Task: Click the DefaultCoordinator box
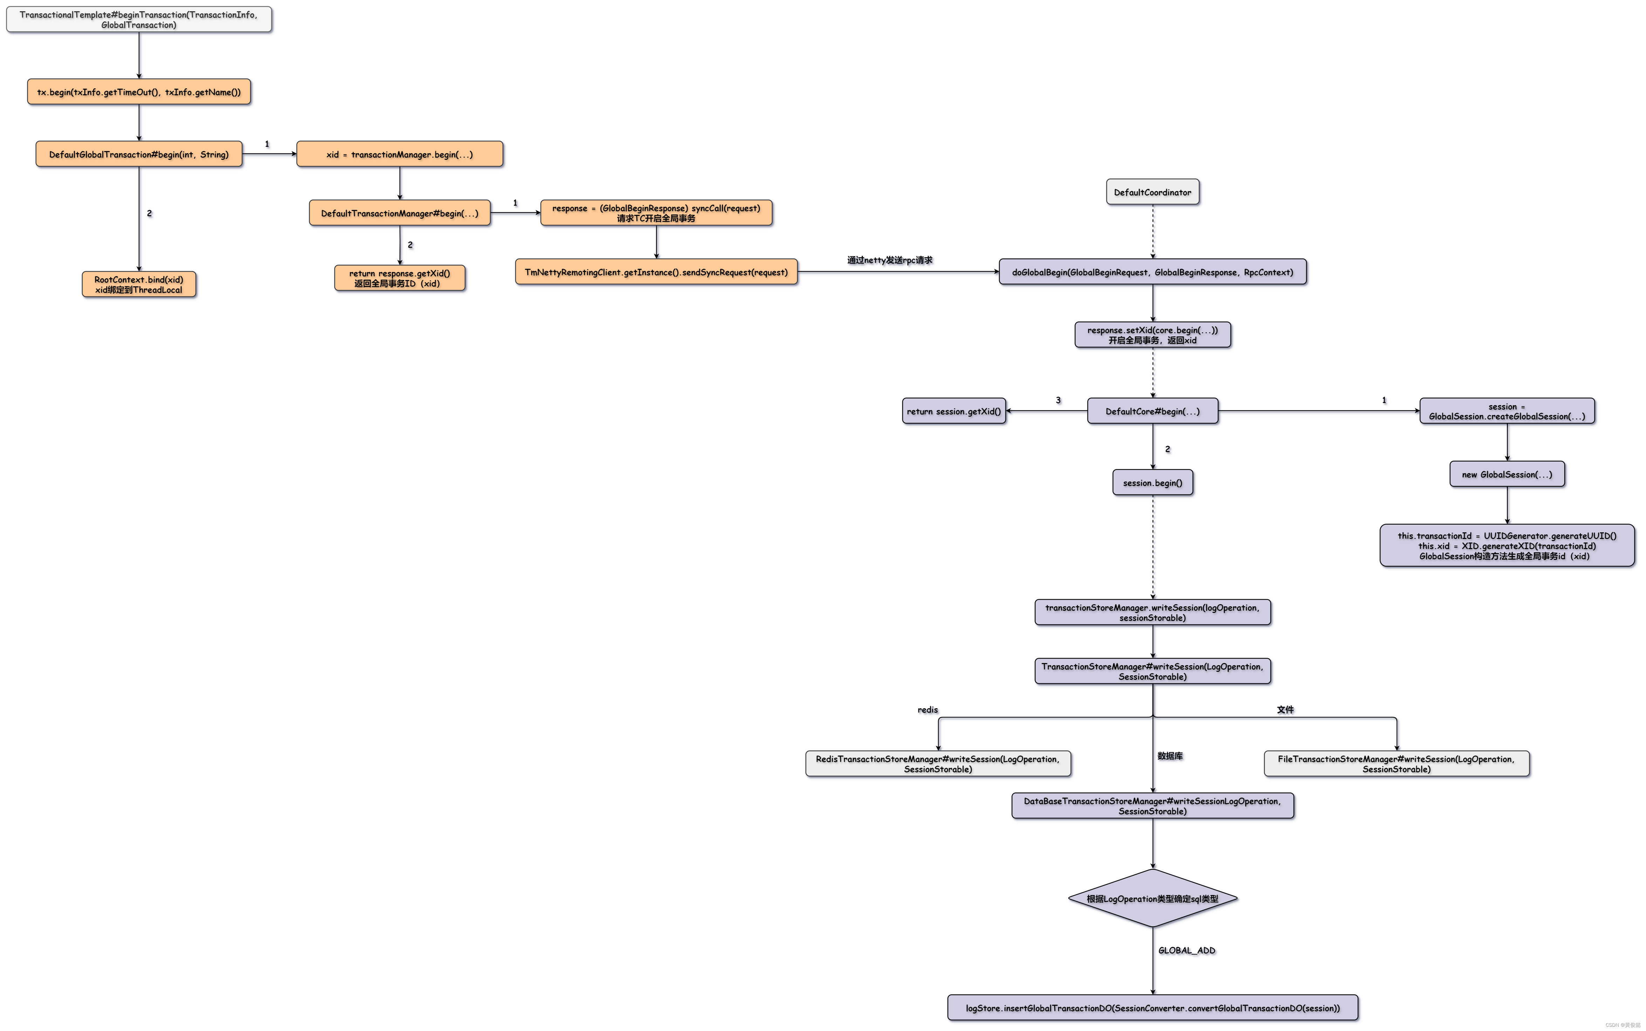[1152, 192]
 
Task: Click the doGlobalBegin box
[1152, 272]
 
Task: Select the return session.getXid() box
[954, 411]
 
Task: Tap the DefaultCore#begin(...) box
[1152, 411]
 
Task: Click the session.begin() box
[1152, 483]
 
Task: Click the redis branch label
[927, 710]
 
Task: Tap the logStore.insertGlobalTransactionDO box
[1152, 1008]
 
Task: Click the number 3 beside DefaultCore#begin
[1058, 400]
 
